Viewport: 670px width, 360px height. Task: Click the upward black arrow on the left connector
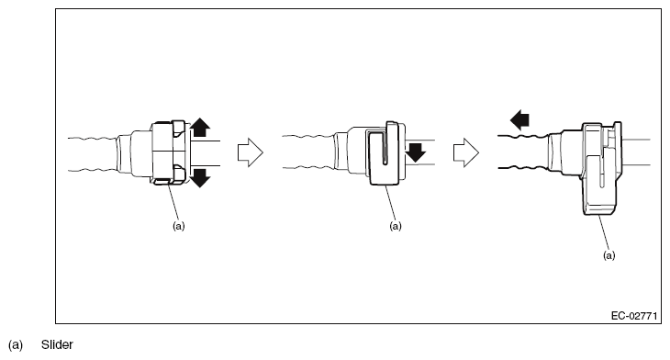point(200,128)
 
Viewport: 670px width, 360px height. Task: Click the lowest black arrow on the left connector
point(200,178)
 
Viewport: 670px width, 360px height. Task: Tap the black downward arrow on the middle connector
point(416,152)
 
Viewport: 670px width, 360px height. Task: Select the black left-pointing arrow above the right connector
point(519,119)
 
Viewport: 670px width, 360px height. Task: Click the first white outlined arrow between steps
point(251,152)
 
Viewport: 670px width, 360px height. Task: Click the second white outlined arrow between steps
point(466,152)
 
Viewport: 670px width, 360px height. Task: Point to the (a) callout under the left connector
point(179,226)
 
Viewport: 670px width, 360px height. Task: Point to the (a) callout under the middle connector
point(396,226)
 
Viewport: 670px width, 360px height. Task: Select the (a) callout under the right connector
point(609,255)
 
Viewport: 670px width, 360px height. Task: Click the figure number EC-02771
point(634,316)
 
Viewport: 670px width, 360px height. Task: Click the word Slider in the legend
point(57,344)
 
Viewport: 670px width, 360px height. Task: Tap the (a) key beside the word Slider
point(16,345)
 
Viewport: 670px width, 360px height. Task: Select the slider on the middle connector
point(384,155)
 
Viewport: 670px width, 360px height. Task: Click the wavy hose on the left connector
point(93,154)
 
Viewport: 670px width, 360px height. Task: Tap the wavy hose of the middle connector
point(308,152)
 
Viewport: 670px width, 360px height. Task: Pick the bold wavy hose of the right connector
point(524,152)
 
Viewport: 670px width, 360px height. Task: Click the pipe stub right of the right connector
point(636,152)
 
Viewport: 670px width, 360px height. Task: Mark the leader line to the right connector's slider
point(604,232)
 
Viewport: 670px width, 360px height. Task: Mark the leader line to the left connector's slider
point(173,203)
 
